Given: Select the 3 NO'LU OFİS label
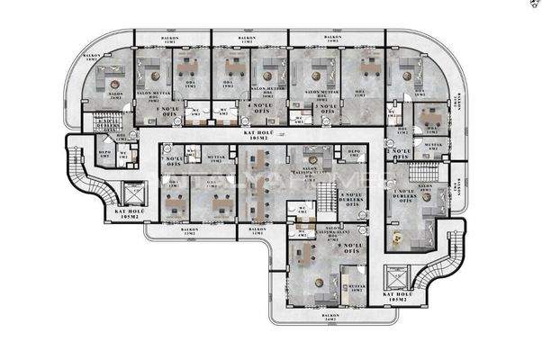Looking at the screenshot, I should [325, 108].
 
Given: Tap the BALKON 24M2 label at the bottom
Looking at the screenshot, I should [331, 318].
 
